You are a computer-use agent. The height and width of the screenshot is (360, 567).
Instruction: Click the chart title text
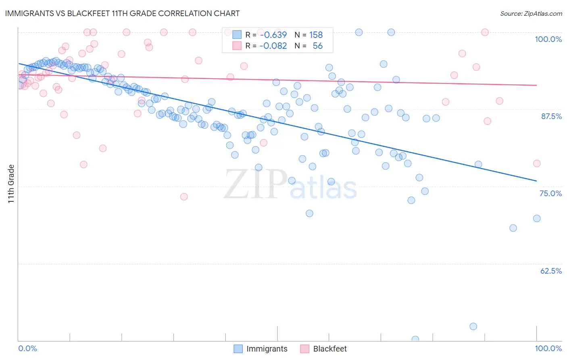[x=122, y=13]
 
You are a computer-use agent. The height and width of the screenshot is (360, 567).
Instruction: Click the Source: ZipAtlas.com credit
[x=531, y=14]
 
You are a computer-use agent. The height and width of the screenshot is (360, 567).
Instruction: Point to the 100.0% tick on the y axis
[x=548, y=39]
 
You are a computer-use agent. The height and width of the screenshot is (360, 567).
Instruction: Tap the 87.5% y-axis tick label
[x=551, y=116]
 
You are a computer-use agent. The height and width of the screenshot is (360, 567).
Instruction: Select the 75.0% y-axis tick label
[x=550, y=193]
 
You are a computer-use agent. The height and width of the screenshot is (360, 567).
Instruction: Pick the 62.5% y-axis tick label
[x=551, y=271]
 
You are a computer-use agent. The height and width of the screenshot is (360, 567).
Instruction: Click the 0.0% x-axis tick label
[x=27, y=348]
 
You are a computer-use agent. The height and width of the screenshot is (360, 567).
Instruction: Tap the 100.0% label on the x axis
[x=548, y=348]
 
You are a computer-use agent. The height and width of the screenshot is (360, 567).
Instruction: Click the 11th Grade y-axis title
[x=11, y=184]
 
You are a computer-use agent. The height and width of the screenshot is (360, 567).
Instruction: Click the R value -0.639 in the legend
[x=273, y=35]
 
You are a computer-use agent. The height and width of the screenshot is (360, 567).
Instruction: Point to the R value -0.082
[x=273, y=46]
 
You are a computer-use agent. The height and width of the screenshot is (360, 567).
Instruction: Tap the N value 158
[x=316, y=35]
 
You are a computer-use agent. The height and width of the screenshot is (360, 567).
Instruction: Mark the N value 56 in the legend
[x=317, y=46]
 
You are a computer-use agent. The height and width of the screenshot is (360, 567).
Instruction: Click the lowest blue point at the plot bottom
[x=415, y=339]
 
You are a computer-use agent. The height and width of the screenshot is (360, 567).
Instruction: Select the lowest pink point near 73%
[x=184, y=197]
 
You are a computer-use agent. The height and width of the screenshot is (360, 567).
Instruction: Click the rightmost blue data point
[x=537, y=218]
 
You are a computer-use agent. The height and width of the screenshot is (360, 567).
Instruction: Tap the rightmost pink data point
[x=537, y=163]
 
